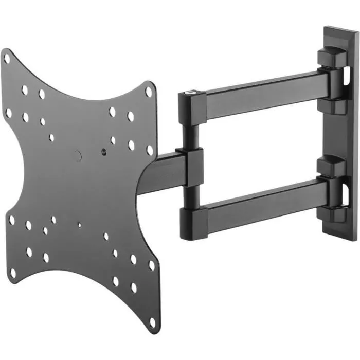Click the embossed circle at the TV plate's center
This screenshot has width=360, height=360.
coord(77,154)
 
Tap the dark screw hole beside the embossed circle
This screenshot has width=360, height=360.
coord(105,153)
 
